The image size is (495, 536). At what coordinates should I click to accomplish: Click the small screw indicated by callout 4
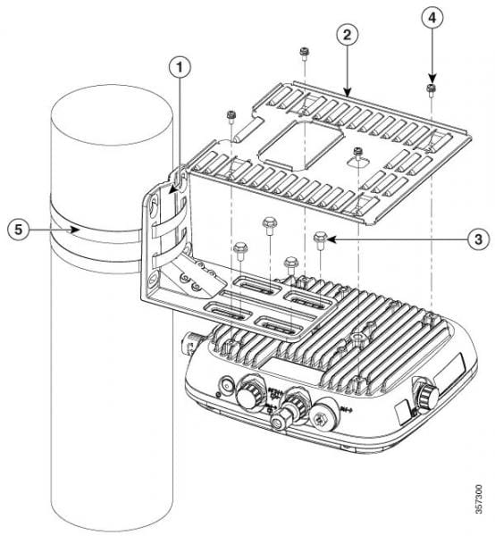[x=431, y=88]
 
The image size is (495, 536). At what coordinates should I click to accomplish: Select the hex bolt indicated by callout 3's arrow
[x=321, y=239]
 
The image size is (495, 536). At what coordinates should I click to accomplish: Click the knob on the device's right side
[x=422, y=389]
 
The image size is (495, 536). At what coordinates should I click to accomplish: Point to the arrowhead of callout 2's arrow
[x=350, y=92]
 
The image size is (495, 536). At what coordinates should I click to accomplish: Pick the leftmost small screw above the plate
[x=231, y=114]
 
